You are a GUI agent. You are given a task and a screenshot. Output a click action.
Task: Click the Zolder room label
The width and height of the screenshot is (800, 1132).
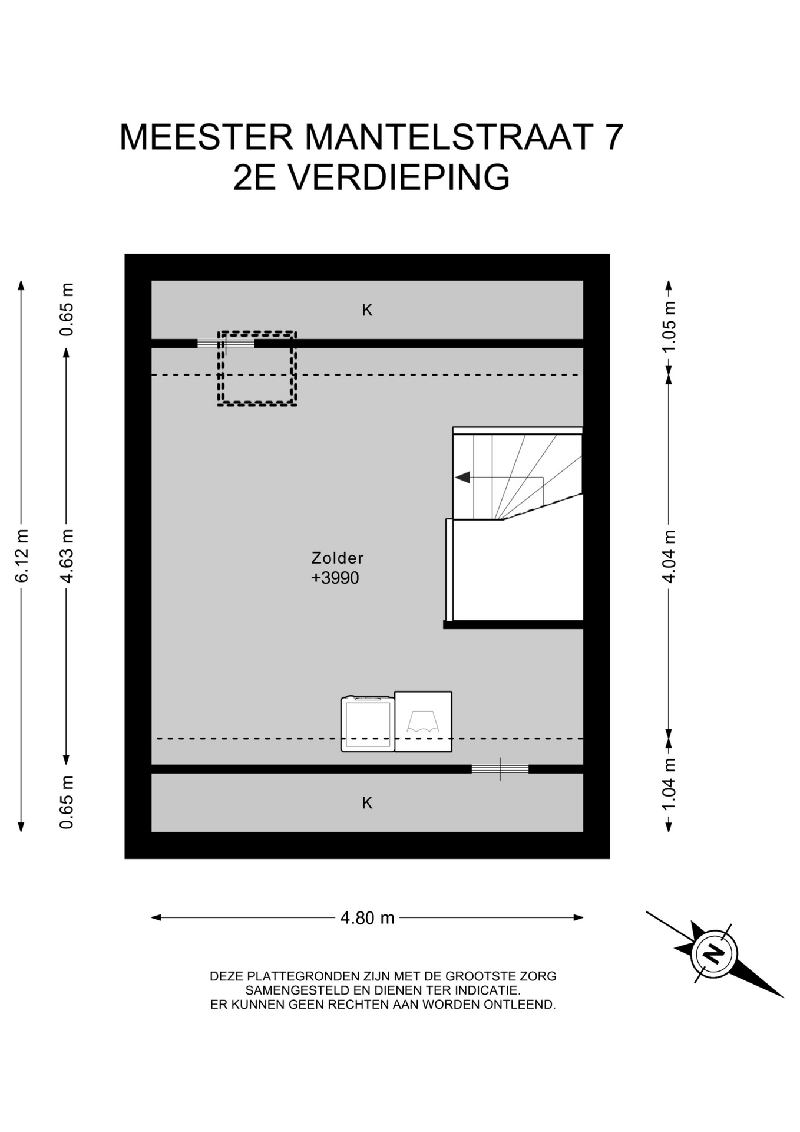pyautogui.click(x=337, y=558)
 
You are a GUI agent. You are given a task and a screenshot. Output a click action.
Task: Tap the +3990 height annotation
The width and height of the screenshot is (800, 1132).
pyautogui.click(x=335, y=578)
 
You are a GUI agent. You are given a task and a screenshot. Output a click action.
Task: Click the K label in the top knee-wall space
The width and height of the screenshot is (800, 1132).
pyautogui.click(x=367, y=310)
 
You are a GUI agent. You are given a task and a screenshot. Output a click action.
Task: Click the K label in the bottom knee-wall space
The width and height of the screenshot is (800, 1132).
pyautogui.click(x=367, y=802)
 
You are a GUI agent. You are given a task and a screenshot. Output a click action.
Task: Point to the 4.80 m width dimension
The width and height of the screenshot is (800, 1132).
pyautogui.click(x=367, y=918)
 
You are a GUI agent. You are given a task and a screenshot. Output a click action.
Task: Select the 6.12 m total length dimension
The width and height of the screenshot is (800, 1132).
pyautogui.click(x=22, y=556)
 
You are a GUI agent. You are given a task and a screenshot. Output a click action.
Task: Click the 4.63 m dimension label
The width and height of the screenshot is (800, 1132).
pyautogui.click(x=67, y=556)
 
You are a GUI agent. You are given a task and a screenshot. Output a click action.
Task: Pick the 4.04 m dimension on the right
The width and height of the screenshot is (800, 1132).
pyautogui.click(x=669, y=556)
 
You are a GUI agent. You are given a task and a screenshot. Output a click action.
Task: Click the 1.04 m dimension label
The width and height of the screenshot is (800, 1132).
pyautogui.click(x=669, y=785)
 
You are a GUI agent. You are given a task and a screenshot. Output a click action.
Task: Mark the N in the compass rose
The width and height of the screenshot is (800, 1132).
pyautogui.click(x=714, y=953)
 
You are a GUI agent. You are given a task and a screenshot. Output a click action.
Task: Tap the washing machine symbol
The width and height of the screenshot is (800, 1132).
pyautogui.click(x=368, y=724)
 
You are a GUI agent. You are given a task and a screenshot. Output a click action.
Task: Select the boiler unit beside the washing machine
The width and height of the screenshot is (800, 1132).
pyautogui.click(x=423, y=722)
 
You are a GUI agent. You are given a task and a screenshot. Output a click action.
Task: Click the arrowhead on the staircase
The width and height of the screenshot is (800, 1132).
pyautogui.click(x=462, y=478)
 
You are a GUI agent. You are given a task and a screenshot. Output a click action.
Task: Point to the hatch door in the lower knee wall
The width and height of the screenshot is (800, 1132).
pyautogui.click(x=500, y=769)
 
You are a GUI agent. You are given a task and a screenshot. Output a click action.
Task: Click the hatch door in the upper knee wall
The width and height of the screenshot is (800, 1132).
pyautogui.click(x=226, y=343)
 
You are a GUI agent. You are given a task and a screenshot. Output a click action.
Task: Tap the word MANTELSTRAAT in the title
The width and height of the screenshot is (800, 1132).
pyautogui.click(x=448, y=137)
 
